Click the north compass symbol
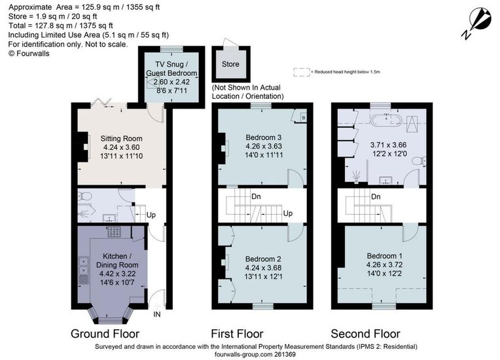click(476, 23)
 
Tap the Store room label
click(230, 64)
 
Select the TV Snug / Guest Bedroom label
click(171, 69)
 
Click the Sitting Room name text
click(122, 138)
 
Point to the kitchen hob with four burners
click(114, 232)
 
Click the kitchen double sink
click(84, 266)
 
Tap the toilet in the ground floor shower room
click(84, 196)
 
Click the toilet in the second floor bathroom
click(419, 161)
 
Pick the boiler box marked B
click(303, 118)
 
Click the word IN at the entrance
click(157, 314)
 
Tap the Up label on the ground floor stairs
click(151, 215)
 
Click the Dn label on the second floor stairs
click(376, 196)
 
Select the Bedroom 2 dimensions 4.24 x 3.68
click(263, 268)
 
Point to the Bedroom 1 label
click(385, 256)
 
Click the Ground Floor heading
click(105, 334)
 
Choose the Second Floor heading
click(365, 334)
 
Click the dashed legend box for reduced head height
click(301, 72)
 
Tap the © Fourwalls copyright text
click(29, 54)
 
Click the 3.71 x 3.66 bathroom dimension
click(388, 145)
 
